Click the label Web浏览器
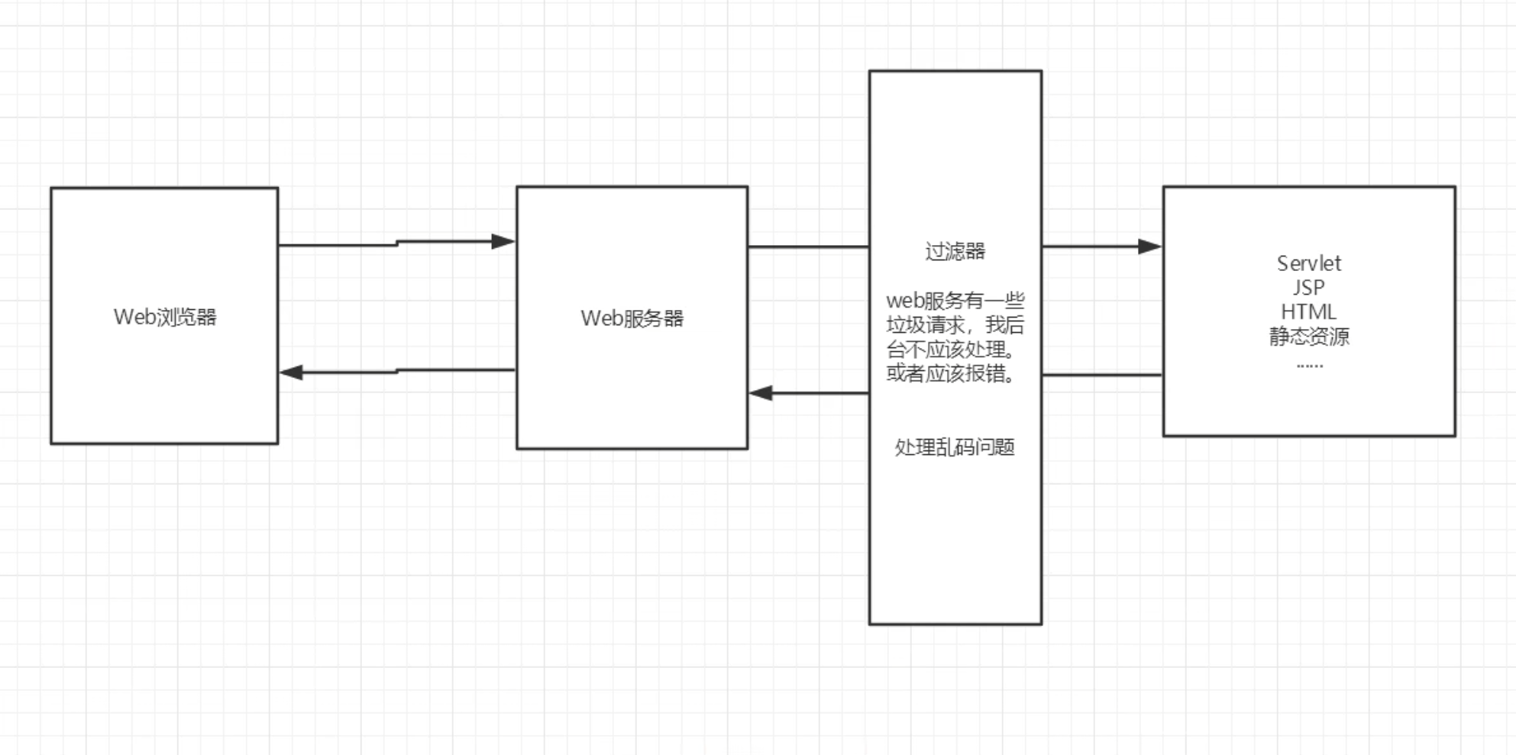click(x=165, y=317)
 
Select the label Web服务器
click(x=632, y=318)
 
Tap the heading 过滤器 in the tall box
click(x=955, y=251)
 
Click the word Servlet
click(x=1308, y=263)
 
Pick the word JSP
click(x=1308, y=288)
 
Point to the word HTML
click(x=1308, y=311)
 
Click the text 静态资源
click(x=1309, y=336)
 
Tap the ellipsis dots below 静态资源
click(x=1309, y=366)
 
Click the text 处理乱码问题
click(x=955, y=447)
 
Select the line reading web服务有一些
click(x=955, y=301)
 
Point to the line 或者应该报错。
click(x=952, y=373)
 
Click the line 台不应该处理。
click(x=952, y=350)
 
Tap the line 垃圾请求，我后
click(x=955, y=325)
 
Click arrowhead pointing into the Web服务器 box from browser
click(x=504, y=242)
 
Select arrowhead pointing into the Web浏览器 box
click(x=292, y=373)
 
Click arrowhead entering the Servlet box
click(x=1149, y=247)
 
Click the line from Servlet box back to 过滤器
click(x=1102, y=375)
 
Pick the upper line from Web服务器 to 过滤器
click(x=808, y=247)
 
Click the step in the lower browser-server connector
click(x=397, y=371)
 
